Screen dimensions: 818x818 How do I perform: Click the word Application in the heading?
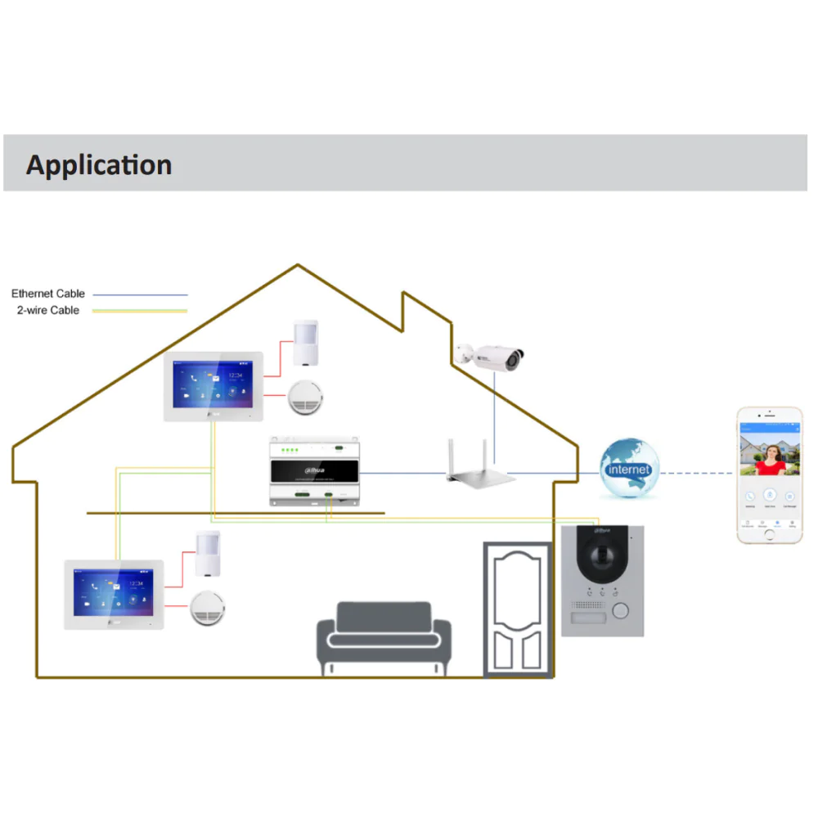[x=99, y=164]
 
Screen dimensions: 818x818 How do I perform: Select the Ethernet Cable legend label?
[x=48, y=294]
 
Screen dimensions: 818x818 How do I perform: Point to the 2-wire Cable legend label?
[x=48, y=311]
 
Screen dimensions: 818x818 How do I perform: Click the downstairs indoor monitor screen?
[x=114, y=592]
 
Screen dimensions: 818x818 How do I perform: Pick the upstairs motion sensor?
[x=306, y=342]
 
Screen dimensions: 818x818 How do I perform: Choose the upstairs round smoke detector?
[x=307, y=398]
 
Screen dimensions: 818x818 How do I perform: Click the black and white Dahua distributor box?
[x=314, y=473]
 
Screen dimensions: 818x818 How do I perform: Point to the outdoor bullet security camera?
[x=491, y=356]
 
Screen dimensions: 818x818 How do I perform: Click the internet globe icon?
[x=628, y=469]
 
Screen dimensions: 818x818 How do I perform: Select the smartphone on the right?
[x=769, y=474]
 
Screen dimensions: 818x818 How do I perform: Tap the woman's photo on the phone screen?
[x=769, y=455]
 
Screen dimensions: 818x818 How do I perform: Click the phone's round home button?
[x=769, y=533]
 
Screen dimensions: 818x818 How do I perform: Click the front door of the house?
[x=518, y=609]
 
